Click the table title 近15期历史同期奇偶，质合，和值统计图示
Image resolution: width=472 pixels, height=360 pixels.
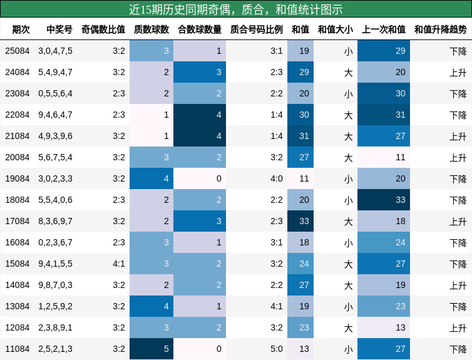236,9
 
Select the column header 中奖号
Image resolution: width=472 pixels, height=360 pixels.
59,29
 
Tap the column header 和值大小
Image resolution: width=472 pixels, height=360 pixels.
335,29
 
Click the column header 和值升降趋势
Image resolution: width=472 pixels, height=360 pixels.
440,29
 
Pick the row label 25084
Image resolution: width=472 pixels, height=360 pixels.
17,51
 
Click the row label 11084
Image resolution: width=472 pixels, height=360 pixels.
17,349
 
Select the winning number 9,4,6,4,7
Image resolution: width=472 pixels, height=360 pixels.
55,115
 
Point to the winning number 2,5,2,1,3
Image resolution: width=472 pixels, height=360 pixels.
55,349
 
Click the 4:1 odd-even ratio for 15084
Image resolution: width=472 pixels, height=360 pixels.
119,264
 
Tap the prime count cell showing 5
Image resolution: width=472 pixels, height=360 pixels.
151,349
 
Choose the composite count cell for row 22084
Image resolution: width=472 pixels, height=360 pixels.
200,115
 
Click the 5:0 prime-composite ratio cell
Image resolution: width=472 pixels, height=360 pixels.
276,349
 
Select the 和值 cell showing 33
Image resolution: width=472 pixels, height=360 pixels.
300,221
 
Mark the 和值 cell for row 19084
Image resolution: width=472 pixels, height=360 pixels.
300,178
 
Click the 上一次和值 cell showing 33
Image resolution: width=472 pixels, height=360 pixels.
384,200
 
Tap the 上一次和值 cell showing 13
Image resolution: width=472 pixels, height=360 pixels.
384,327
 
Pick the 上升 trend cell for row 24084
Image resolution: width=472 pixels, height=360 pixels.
458,72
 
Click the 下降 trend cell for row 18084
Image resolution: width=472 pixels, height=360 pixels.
458,200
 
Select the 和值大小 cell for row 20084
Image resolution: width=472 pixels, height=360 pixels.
348,157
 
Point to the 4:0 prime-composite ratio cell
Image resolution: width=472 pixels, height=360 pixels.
276,178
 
